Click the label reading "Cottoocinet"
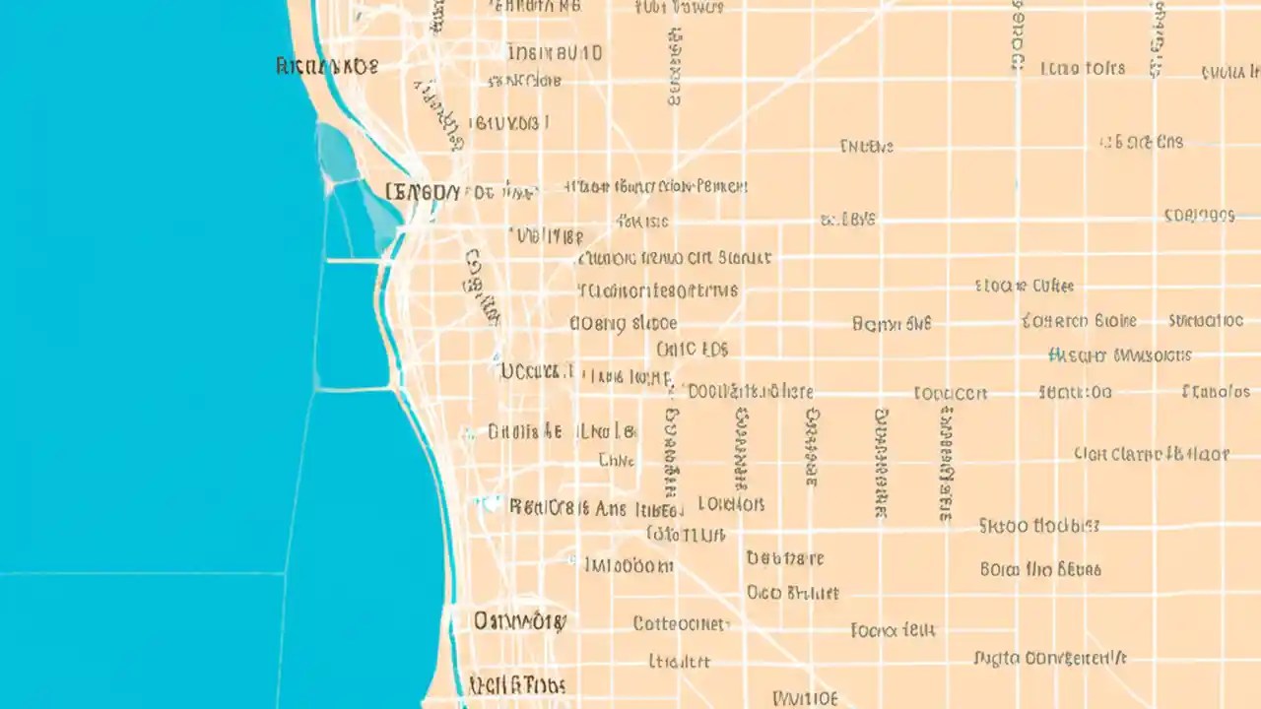[680, 623]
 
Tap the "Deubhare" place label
[784, 558]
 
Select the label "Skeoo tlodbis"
[1038, 526]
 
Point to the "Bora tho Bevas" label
[1040, 569]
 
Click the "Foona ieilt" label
[893, 629]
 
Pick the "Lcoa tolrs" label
[1082, 68]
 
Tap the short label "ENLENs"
[866, 147]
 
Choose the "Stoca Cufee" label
[1024, 286]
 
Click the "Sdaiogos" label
[1198, 215]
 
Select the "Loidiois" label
[731, 504]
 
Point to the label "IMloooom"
[629, 565]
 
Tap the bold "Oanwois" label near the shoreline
[519, 620]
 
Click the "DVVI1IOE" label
[805, 698]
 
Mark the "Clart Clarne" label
[1151, 454]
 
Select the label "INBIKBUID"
[555, 52]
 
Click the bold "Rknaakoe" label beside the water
[327, 67]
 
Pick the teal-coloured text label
[1120, 354]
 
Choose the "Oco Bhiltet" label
[792, 593]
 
